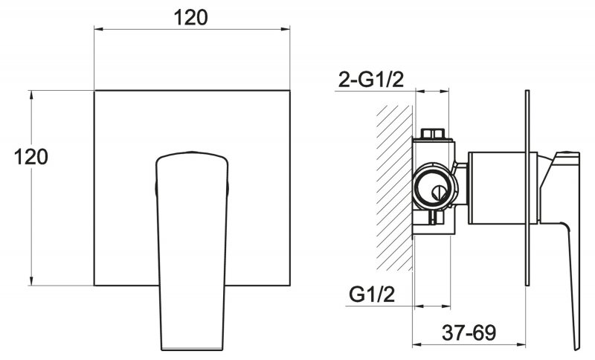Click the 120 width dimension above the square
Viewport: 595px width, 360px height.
[x=190, y=17]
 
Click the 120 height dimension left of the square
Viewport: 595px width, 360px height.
[x=31, y=157]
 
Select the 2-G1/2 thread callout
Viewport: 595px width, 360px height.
[x=371, y=80]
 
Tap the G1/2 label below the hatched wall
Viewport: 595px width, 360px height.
[x=372, y=294]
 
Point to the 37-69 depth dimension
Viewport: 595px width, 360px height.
[x=469, y=333]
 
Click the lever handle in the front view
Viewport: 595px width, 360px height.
[x=192, y=251]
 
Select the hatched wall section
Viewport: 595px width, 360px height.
[x=395, y=187]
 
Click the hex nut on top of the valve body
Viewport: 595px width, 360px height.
[x=433, y=134]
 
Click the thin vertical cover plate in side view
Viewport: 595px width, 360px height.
[x=527, y=187]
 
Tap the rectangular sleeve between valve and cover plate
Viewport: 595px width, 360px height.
[x=503, y=187]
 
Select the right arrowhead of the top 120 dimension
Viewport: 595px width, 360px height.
[x=286, y=29]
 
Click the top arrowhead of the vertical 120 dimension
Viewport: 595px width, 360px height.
[x=31, y=95]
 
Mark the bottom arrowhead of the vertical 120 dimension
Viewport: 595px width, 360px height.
[x=31, y=280]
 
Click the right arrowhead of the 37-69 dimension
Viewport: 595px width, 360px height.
[x=521, y=345]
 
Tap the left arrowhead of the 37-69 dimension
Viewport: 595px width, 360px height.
[x=417, y=345]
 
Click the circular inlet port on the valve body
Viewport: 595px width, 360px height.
[x=434, y=187]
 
